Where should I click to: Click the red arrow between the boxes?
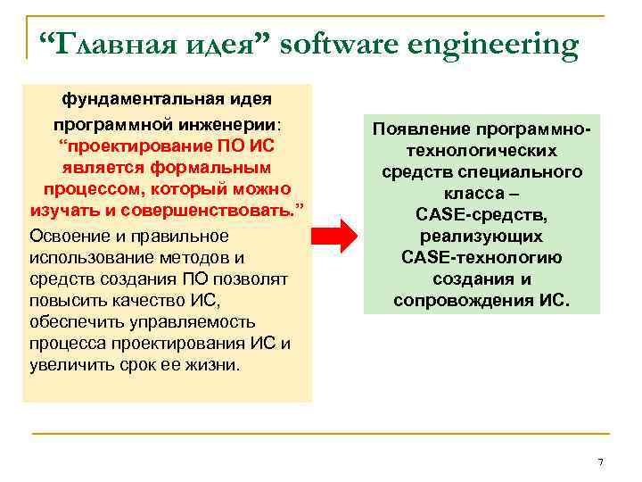tap(334, 236)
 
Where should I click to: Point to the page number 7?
tap(600, 461)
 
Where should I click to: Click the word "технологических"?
tap(481, 151)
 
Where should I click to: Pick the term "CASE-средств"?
tap(481, 215)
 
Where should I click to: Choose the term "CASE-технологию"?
tap(481, 258)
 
